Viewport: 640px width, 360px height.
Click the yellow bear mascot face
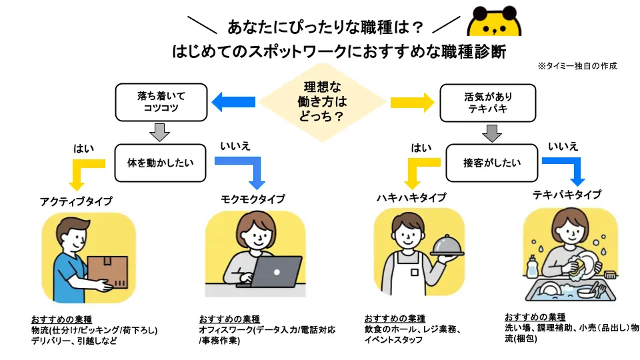(x=494, y=23)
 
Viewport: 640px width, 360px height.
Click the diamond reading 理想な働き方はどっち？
(x=323, y=102)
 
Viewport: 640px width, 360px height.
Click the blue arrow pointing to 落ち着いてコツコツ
(x=233, y=102)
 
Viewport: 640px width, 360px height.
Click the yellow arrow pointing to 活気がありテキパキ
(x=412, y=102)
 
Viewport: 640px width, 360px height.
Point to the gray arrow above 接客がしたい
(x=491, y=133)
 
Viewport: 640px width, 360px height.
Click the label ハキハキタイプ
(x=411, y=198)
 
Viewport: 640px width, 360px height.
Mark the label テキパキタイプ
(x=567, y=195)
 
